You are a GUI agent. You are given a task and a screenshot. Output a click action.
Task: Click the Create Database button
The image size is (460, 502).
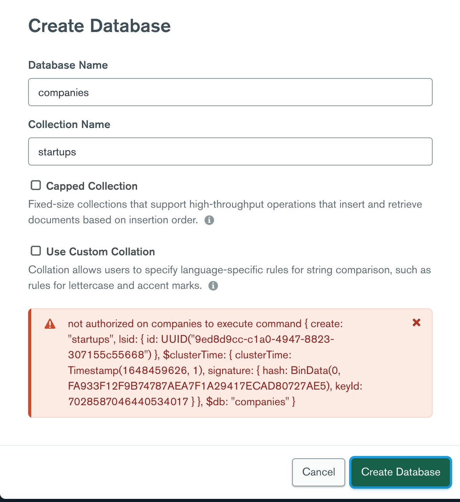401,472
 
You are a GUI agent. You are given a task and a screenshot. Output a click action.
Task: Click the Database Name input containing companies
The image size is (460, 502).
230,93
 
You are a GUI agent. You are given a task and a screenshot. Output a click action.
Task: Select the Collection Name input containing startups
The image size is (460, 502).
230,152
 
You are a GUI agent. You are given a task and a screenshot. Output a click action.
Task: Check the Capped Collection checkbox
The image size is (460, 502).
36,185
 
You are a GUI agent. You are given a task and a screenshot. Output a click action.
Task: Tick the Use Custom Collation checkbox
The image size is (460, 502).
36,251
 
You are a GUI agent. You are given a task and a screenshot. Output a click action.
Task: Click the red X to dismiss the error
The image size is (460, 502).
417,322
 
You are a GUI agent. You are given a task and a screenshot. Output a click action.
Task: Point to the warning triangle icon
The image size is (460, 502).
50,324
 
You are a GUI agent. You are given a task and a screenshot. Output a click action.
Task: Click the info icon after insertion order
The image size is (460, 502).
209,220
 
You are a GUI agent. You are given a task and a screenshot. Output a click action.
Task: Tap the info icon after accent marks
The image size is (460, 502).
213,286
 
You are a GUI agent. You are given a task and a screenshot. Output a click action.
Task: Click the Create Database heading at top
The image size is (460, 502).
100,26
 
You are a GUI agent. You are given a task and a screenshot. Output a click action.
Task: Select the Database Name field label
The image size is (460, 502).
68,65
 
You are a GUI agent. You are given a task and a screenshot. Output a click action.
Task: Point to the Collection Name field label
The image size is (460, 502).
69,125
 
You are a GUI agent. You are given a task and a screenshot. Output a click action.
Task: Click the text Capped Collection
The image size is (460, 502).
92,186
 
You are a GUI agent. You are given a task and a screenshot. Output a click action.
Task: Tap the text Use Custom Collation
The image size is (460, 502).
100,252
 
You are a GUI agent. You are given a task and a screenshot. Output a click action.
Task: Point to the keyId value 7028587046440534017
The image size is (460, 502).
128,402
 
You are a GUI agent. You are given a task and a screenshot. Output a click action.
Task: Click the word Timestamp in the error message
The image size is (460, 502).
93,370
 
